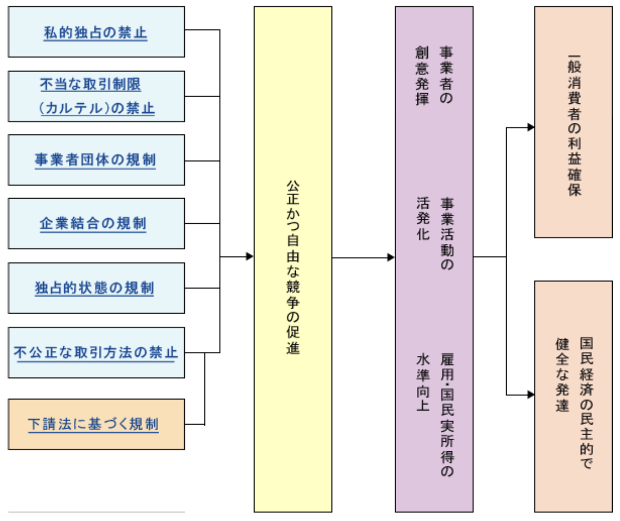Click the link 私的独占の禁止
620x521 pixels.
pos(95,33)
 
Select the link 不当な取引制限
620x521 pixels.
pos(90,84)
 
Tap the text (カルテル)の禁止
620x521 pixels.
pos(97,108)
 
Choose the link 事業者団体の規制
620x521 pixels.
pos(95,160)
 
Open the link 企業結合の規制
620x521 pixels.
pos(93,223)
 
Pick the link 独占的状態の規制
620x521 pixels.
pos(94,288)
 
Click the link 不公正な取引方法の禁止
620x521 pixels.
pos(95,352)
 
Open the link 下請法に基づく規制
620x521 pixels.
pos(93,424)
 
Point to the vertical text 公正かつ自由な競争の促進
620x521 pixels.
pos(293,267)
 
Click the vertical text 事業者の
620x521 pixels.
pos(446,75)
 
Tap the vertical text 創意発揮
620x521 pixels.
pos(422,75)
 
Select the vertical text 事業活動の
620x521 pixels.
pos(447,233)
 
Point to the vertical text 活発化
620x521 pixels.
pos(423,218)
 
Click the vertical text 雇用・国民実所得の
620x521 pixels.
pos(447,415)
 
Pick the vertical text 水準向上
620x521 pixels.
pos(423,382)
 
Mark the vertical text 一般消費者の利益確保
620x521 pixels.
pos(574,125)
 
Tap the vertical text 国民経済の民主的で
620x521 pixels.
pos(586,403)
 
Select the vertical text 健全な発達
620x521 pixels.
pos(562,375)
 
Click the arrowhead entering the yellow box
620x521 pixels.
pos(250,256)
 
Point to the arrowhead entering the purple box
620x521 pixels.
pos(391,257)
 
